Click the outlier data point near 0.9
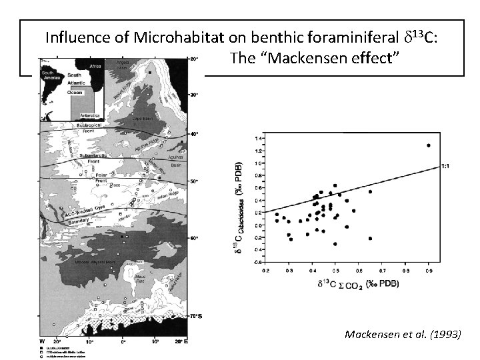click(428, 145)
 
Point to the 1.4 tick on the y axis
click(259, 139)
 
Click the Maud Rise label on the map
click(141, 278)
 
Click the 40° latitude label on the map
click(194, 134)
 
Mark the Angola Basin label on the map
click(127, 64)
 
